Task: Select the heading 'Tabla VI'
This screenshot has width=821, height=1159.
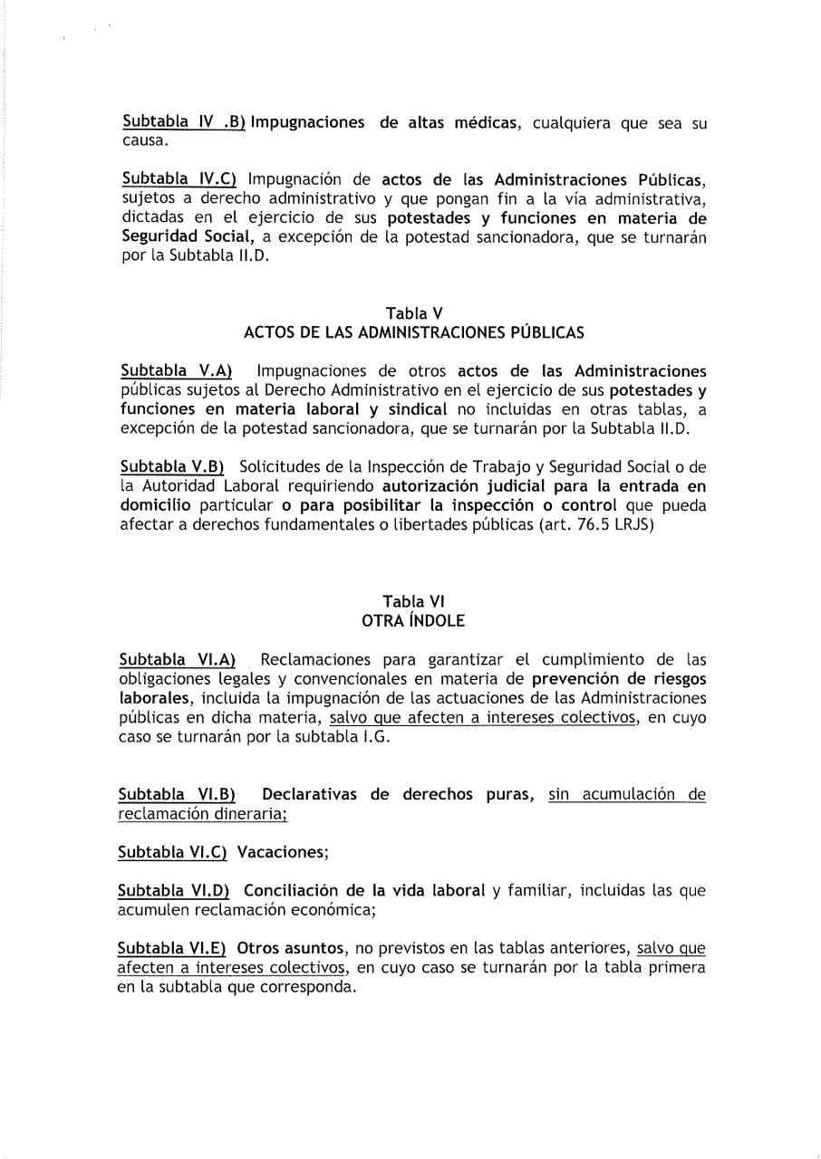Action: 413,601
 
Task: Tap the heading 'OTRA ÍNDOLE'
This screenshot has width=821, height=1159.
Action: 413,620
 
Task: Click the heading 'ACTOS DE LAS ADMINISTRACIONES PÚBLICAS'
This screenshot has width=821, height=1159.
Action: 413,333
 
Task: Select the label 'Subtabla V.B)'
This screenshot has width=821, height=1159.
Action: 172,466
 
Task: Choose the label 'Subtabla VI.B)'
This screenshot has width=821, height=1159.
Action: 178,795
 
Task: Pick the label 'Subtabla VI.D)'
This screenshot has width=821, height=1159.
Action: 175,890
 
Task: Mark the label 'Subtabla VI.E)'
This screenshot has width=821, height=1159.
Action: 174,948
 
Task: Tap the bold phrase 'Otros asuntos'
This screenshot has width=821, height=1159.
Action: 292,948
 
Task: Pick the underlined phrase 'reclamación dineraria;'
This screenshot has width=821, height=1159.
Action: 203,814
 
